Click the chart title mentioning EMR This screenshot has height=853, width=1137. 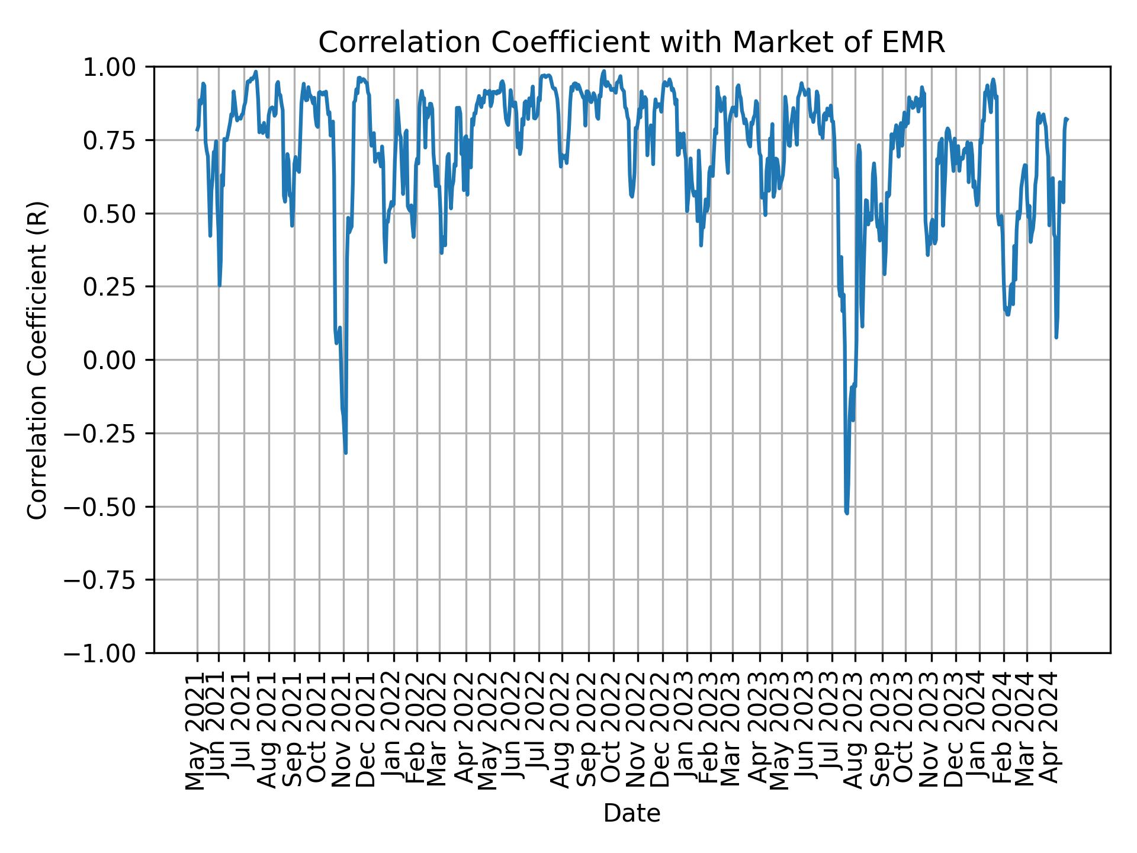(631, 43)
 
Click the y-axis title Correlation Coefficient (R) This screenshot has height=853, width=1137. (38, 360)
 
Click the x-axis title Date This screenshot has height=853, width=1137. (631, 813)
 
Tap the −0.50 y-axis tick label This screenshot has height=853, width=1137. (105, 506)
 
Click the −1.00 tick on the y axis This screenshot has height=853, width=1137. (105, 653)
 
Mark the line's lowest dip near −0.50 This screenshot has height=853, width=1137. (847, 512)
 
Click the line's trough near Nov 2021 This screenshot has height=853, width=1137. (345, 453)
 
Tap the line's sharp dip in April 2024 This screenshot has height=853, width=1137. (1056, 337)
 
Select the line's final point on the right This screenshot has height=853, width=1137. (1067, 119)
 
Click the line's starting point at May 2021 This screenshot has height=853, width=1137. (197, 130)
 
